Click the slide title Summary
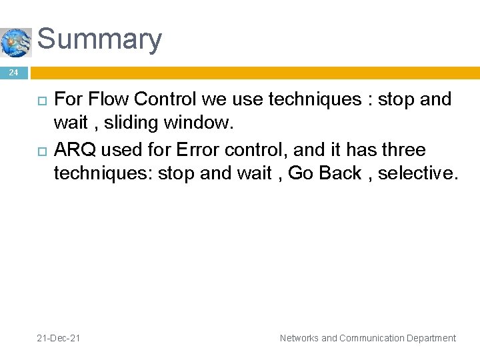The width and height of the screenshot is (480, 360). point(99,39)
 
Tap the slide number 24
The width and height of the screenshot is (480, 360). point(14,73)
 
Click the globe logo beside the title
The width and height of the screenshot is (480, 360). point(15,43)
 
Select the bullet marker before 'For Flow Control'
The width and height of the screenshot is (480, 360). point(41,101)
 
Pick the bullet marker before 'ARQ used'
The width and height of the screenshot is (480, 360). point(41,151)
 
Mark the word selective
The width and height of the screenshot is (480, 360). point(421,173)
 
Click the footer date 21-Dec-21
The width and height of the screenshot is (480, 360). point(59,338)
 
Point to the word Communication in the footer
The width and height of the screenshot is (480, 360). point(373,338)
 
